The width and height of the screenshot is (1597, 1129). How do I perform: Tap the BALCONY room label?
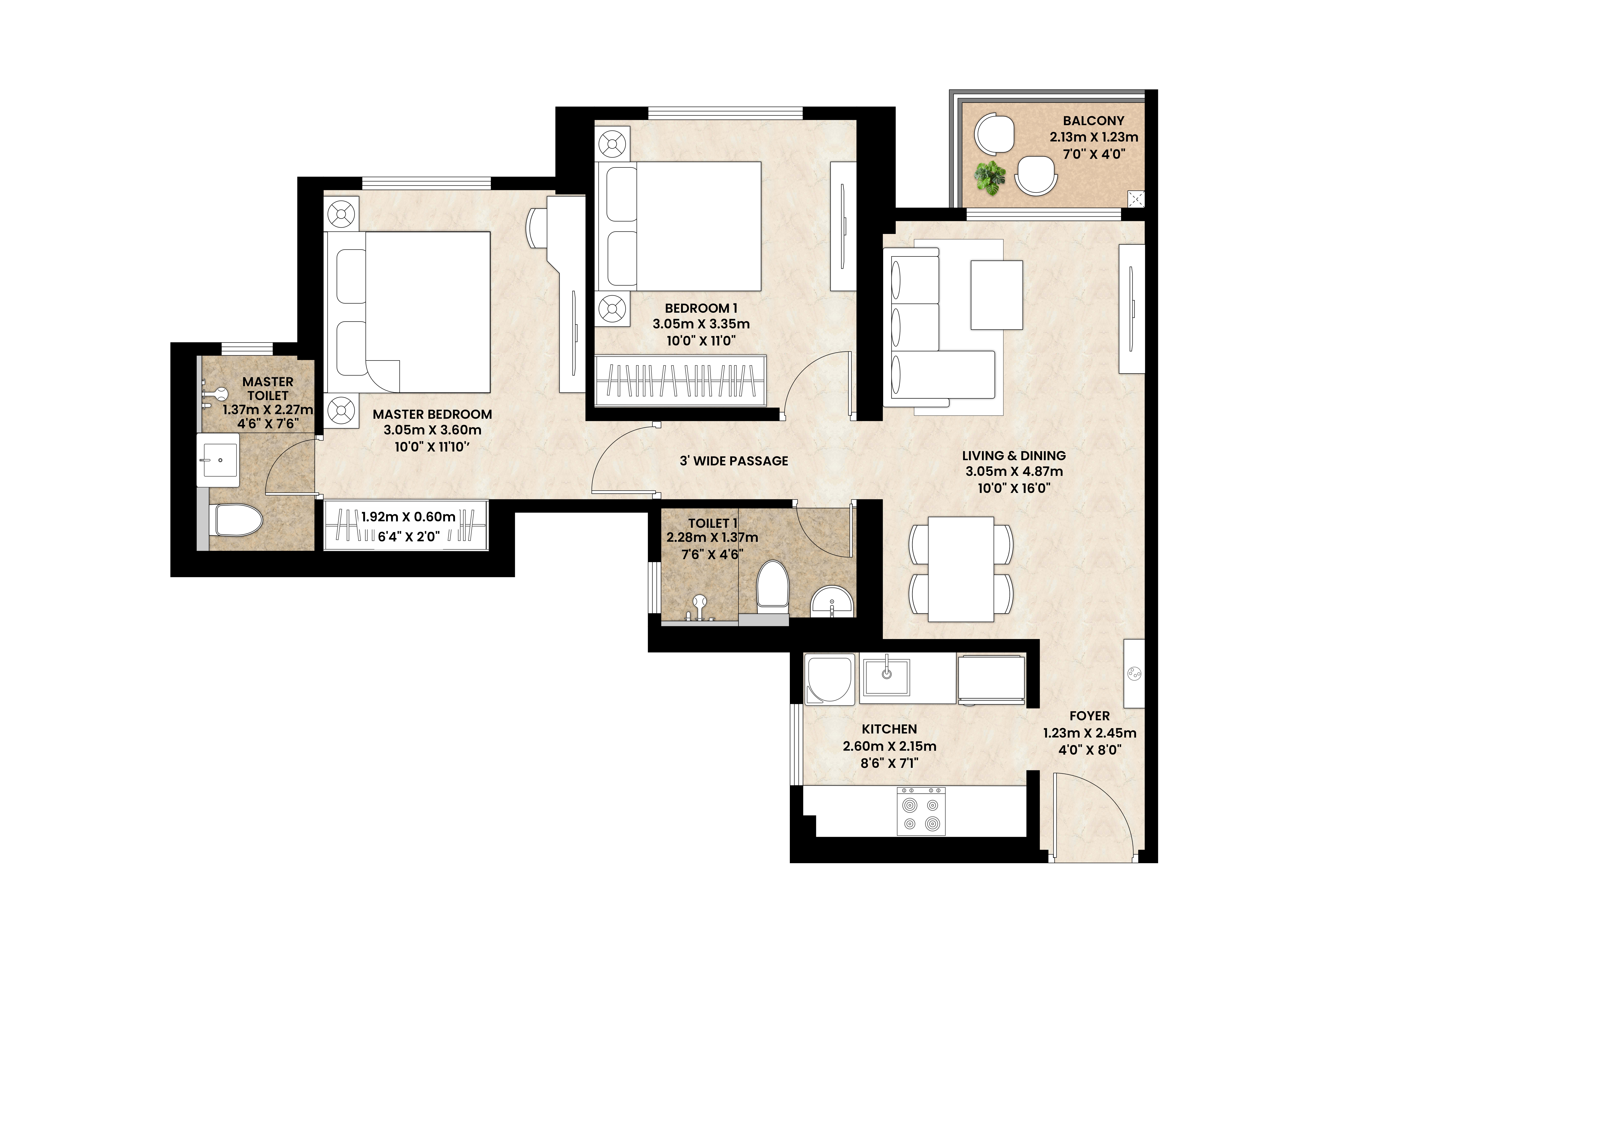tap(1093, 120)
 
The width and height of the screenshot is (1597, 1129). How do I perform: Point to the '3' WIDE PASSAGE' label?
tap(734, 461)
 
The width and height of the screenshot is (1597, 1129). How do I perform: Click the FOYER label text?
tap(1089, 716)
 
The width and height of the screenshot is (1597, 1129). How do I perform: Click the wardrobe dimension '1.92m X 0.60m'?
tap(408, 517)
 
